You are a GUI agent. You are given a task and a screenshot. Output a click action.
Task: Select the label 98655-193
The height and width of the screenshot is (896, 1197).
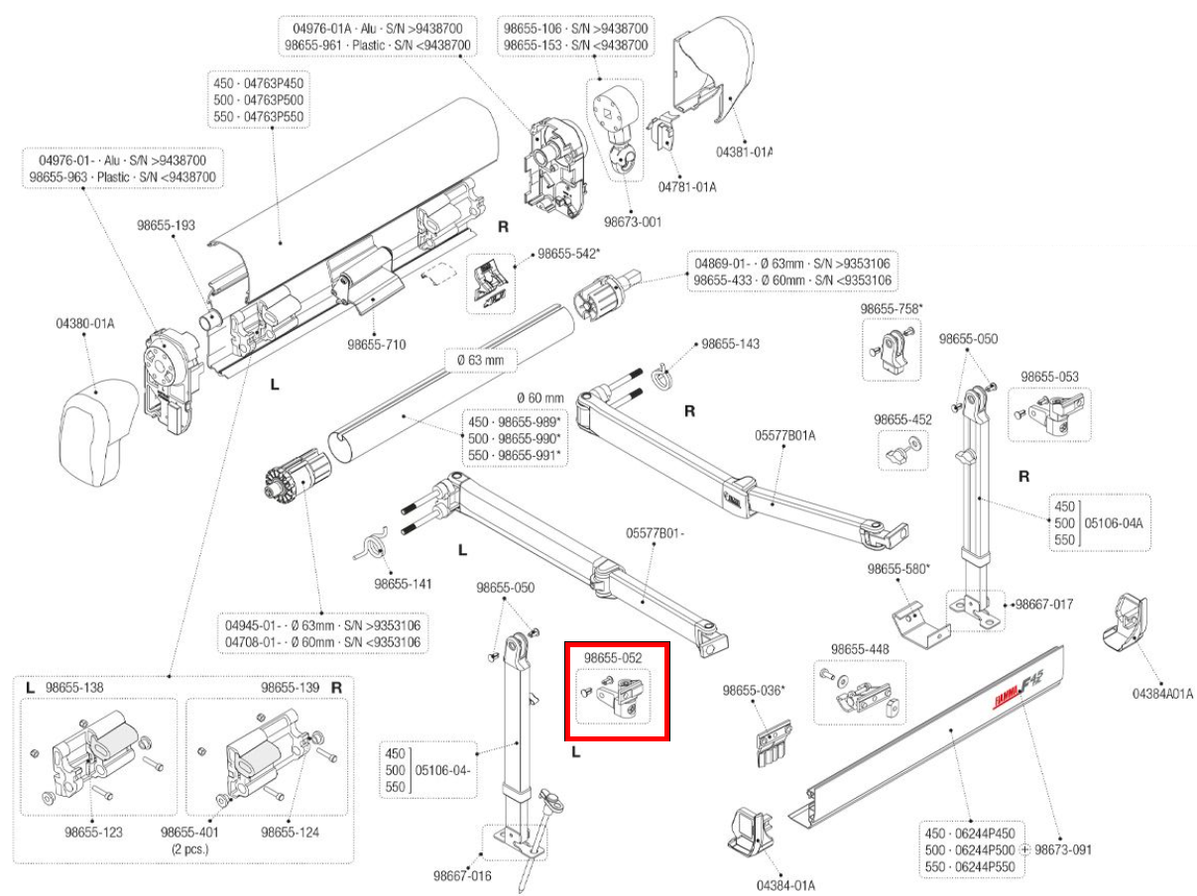click(166, 226)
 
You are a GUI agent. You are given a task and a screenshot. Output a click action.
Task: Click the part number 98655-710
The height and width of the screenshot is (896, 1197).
click(377, 345)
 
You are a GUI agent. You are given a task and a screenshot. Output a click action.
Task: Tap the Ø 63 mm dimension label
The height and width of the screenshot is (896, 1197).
click(480, 362)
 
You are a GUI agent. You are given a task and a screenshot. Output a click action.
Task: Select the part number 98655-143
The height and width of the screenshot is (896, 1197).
click(731, 344)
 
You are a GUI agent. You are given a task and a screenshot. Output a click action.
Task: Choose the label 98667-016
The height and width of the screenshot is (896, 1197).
click(462, 876)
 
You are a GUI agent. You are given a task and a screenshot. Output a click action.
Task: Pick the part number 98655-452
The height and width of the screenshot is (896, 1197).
click(902, 420)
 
